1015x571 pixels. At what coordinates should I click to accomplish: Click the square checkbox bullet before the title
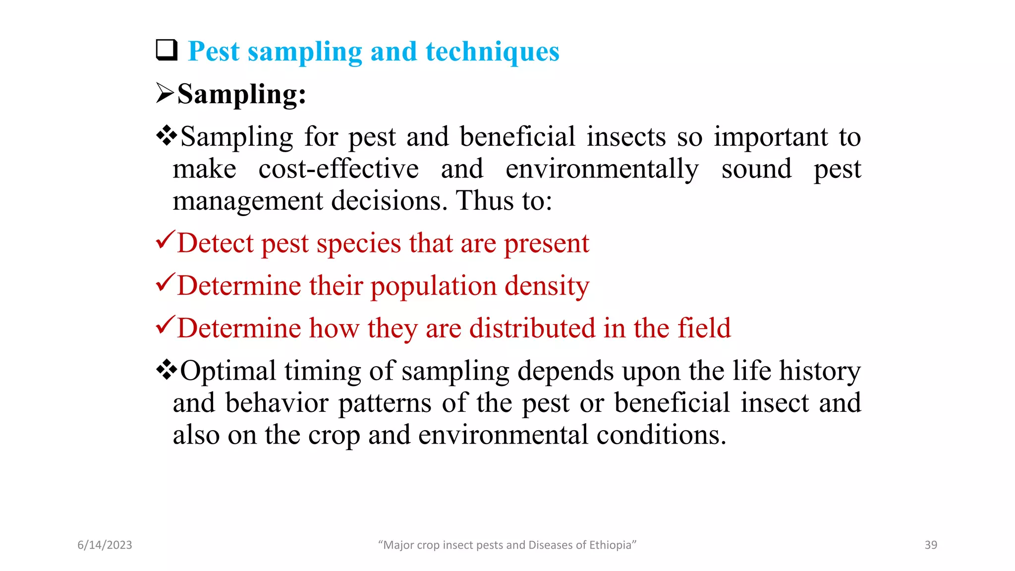(167, 51)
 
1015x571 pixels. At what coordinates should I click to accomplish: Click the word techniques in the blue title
(492, 52)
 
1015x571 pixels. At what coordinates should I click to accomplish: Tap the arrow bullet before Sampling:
(165, 93)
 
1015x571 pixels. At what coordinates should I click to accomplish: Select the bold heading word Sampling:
(242, 94)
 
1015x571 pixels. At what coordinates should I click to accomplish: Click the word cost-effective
(338, 169)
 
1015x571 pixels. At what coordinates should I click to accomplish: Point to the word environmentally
(602, 169)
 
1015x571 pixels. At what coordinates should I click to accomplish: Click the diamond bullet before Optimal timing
(167, 370)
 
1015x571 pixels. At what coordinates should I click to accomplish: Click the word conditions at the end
(661, 435)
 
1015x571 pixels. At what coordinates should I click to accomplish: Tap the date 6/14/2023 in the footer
(105, 545)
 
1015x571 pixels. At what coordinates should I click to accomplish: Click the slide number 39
(931, 545)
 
